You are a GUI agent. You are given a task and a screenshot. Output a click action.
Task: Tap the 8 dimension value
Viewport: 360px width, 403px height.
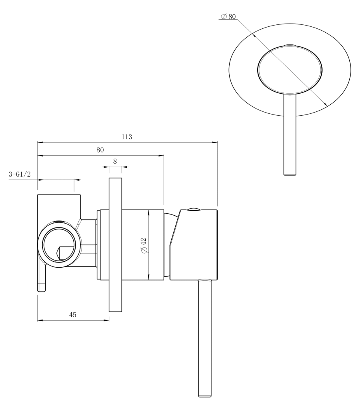point(115,161)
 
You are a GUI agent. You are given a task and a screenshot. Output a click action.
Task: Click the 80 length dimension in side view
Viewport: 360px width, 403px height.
point(100,150)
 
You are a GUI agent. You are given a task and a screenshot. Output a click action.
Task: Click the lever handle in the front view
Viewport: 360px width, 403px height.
point(289,134)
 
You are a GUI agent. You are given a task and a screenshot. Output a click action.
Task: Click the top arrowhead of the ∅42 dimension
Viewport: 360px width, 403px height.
point(148,212)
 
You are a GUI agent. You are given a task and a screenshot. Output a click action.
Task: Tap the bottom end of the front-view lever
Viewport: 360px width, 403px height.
point(289,174)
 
